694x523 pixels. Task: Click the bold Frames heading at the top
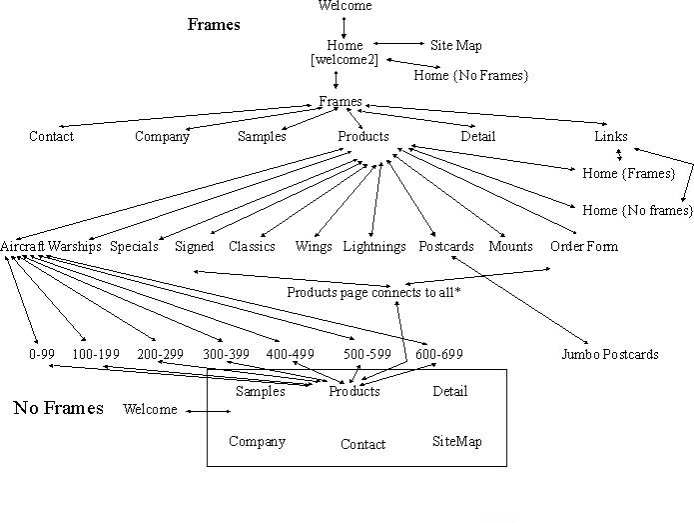pos(214,25)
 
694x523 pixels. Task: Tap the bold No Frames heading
pos(58,408)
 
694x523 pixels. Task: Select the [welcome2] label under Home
pos(345,60)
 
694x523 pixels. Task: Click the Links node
pos(611,136)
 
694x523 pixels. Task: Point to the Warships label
pos(75,246)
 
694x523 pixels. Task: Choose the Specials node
pos(134,246)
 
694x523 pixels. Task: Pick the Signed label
pos(194,246)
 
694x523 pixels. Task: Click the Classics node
pos(252,246)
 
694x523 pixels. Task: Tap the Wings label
pos(314,246)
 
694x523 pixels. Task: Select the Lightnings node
pos(374,246)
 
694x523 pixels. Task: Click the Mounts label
pos(510,246)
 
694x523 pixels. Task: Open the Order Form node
pos(584,246)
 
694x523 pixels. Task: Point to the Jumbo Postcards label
pos(609,354)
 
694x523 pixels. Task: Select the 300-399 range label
pos(227,354)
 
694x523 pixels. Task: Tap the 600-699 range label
pos(439,354)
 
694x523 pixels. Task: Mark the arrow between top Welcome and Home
pos(344,26)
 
